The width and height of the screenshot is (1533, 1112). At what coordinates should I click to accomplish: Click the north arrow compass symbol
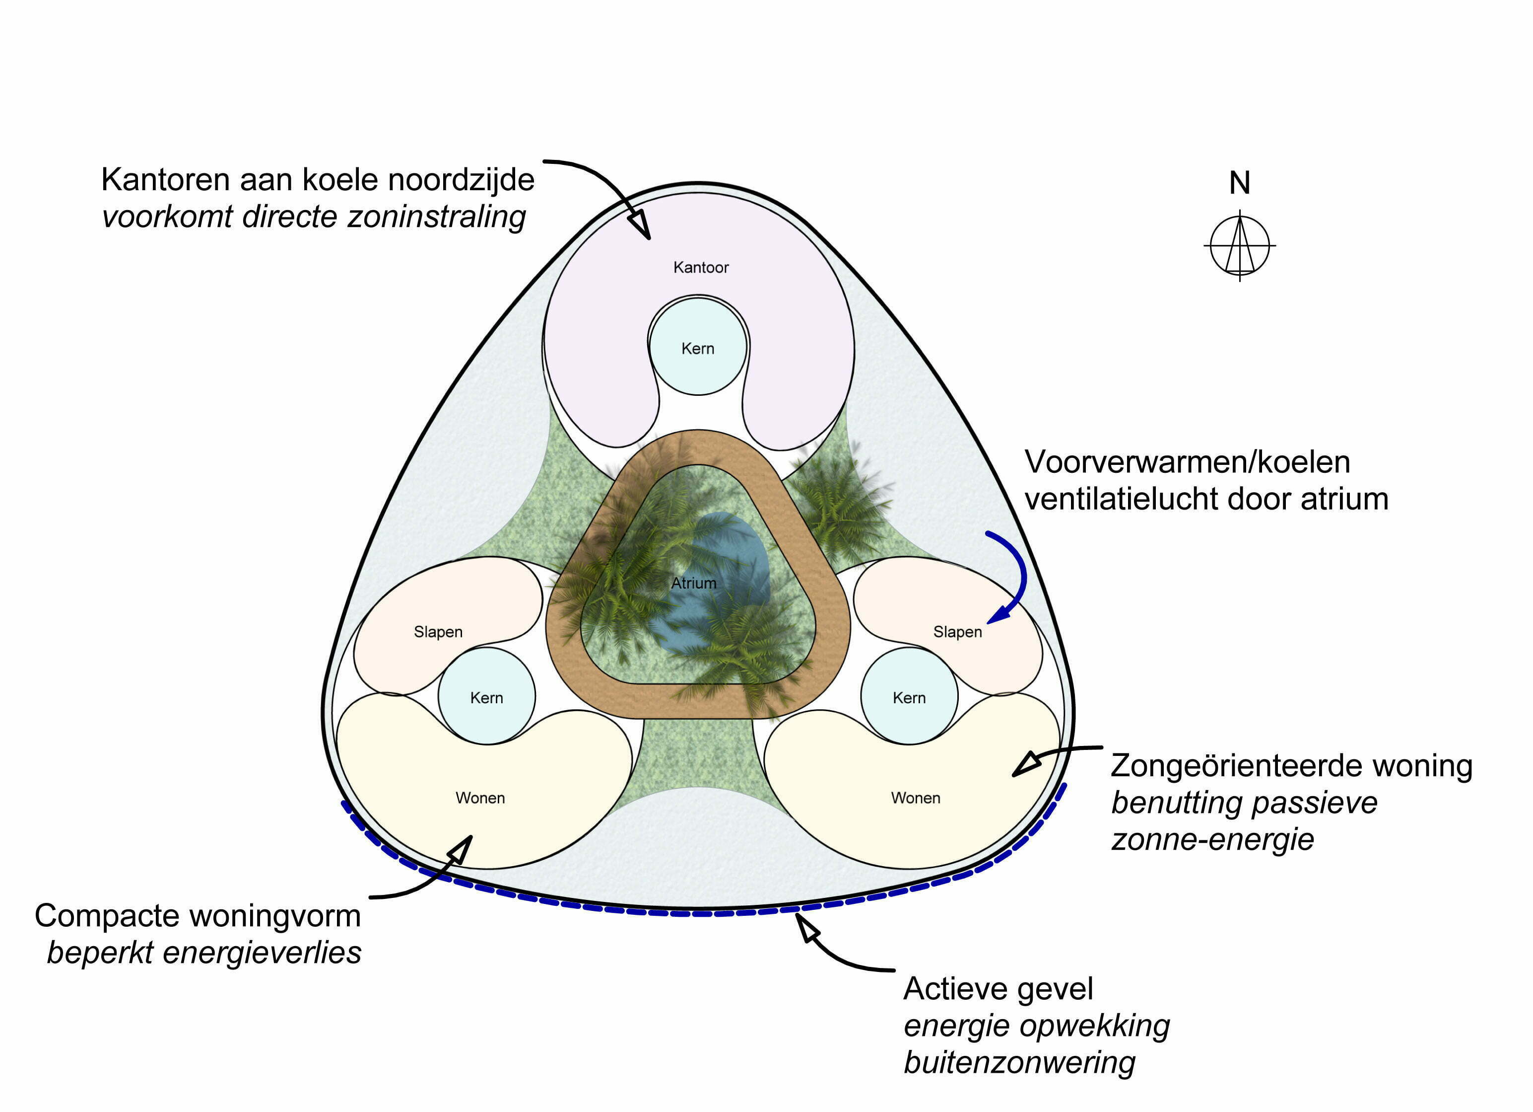pyautogui.click(x=1240, y=245)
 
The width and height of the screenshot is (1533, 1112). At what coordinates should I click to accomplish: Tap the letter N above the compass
pyautogui.click(x=1240, y=183)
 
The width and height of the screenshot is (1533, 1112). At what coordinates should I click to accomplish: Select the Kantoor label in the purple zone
pyautogui.click(x=701, y=268)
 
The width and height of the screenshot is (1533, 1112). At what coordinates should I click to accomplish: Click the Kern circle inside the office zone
pyautogui.click(x=698, y=348)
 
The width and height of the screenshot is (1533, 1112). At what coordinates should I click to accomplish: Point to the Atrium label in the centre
pyautogui.click(x=693, y=583)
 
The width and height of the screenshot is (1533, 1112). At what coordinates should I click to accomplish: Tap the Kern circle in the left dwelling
pyautogui.click(x=487, y=697)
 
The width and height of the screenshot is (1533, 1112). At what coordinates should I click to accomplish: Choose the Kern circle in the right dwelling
pyautogui.click(x=909, y=697)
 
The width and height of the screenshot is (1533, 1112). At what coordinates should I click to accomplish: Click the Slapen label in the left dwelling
pyautogui.click(x=438, y=632)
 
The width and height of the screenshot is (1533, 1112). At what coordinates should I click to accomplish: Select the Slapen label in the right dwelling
pyautogui.click(x=957, y=632)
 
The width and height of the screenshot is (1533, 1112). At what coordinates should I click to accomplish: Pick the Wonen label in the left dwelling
pyautogui.click(x=480, y=798)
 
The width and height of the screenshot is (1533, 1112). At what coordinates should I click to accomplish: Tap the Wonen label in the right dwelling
pyautogui.click(x=915, y=798)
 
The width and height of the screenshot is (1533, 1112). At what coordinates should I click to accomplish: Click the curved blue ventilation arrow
pyautogui.click(x=1017, y=575)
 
